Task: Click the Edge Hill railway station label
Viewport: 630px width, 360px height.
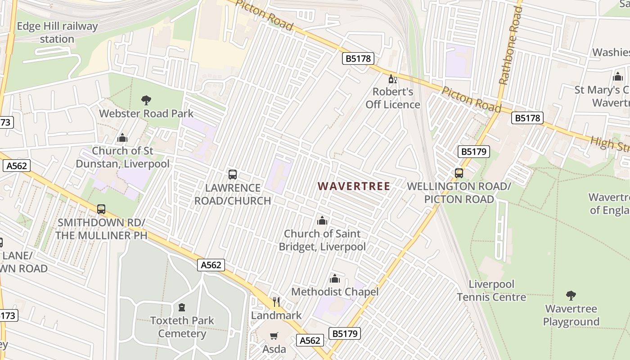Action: [57, 32]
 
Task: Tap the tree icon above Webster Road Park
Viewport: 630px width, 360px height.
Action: [146, 100]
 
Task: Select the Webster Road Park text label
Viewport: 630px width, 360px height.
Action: [146, 113]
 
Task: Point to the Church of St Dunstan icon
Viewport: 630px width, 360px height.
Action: [122, 138]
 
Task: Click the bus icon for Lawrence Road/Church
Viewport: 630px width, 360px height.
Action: [233, 174]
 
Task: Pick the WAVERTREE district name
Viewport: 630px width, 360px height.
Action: [354, 186]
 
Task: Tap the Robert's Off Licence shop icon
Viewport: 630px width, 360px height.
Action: [392, 79]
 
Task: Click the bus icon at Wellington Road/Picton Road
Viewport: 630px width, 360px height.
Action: [459, 173]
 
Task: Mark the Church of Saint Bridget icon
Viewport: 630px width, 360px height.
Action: [322, 220]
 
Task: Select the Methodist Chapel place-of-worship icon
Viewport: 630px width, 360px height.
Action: [334, 279]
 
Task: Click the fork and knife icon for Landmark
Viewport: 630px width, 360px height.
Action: [276, 301]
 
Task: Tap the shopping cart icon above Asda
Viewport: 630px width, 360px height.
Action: [274, 336]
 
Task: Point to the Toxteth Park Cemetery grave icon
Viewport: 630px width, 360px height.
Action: [182, 307]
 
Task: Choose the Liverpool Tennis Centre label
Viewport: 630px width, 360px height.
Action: [491, 291]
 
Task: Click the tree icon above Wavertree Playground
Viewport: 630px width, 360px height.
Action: [571, 296]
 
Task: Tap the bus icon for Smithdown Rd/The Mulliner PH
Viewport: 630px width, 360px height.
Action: [101, 209]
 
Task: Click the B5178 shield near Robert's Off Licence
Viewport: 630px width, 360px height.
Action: [358, 58]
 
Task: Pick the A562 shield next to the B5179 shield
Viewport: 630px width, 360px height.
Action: [310, 341]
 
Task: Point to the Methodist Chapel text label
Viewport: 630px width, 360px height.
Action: [335, 292]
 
